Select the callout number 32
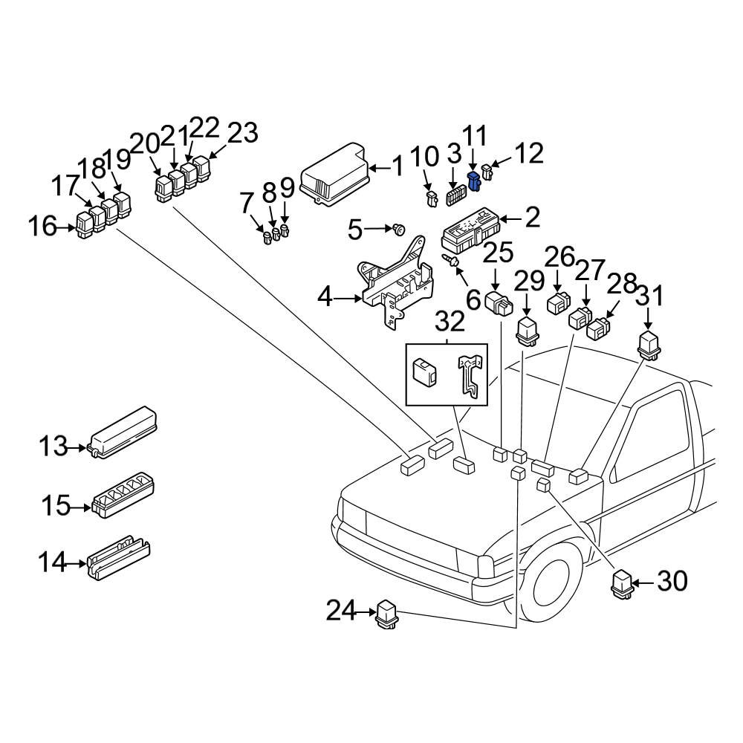450,322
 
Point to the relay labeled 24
388,616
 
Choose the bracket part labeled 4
396,286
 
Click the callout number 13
53,446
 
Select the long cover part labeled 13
123,434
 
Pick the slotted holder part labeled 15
123,496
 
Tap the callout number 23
242,134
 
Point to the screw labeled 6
450,260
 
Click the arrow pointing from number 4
348,299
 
